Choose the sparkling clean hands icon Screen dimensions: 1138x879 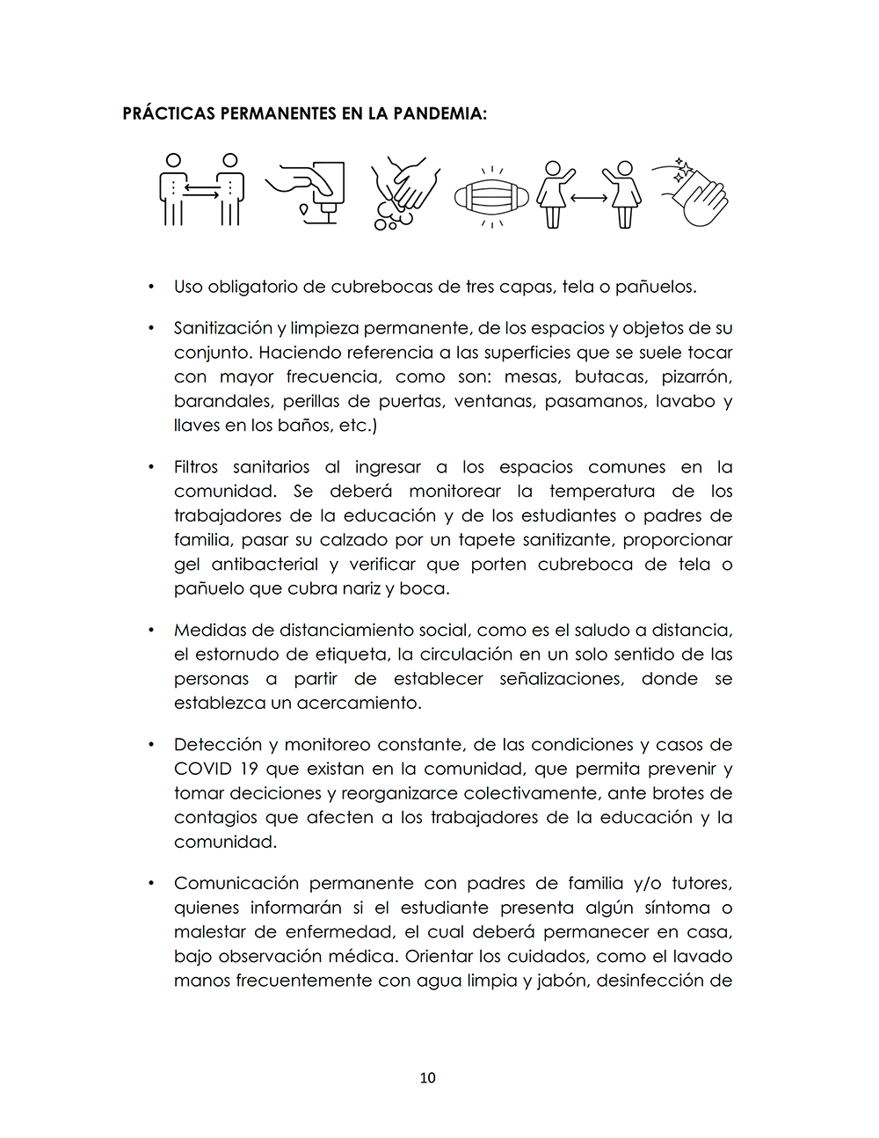coord(693,192)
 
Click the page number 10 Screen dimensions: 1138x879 coord(427,1077)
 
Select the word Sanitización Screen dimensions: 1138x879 coord(223,328)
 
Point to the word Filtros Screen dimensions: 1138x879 coord(196,467)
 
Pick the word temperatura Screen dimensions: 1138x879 coord(602,492)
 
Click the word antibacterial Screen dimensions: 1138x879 coord(265,565)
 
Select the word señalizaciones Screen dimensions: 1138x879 coord(562,679)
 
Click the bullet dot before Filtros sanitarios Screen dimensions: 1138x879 coord(151,467)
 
